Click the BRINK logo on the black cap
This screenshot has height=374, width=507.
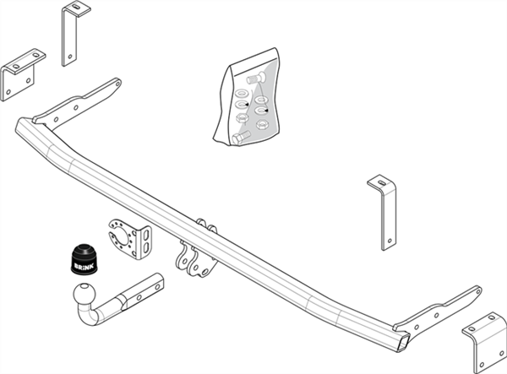[84, 267]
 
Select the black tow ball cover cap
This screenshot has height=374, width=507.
[84, 260]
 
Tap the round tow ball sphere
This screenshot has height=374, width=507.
[85, 294]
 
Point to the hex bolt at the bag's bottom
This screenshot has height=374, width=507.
[241, 137]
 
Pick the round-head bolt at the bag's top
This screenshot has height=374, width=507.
[256, 79]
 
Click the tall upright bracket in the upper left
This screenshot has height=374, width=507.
[75, 34]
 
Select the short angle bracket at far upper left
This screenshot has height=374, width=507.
[23, 75]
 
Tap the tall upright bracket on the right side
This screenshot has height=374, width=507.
[383, 213]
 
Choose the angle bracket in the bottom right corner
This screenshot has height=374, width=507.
[485, 343]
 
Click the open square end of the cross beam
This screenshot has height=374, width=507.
[401, 343]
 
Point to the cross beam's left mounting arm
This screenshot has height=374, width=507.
[77, 102]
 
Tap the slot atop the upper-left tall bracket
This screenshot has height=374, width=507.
[77, 7]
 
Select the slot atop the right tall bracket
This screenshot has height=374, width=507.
[382, 182]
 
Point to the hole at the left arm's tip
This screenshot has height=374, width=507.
[118, 84]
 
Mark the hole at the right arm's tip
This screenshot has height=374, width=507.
[477, 291]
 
